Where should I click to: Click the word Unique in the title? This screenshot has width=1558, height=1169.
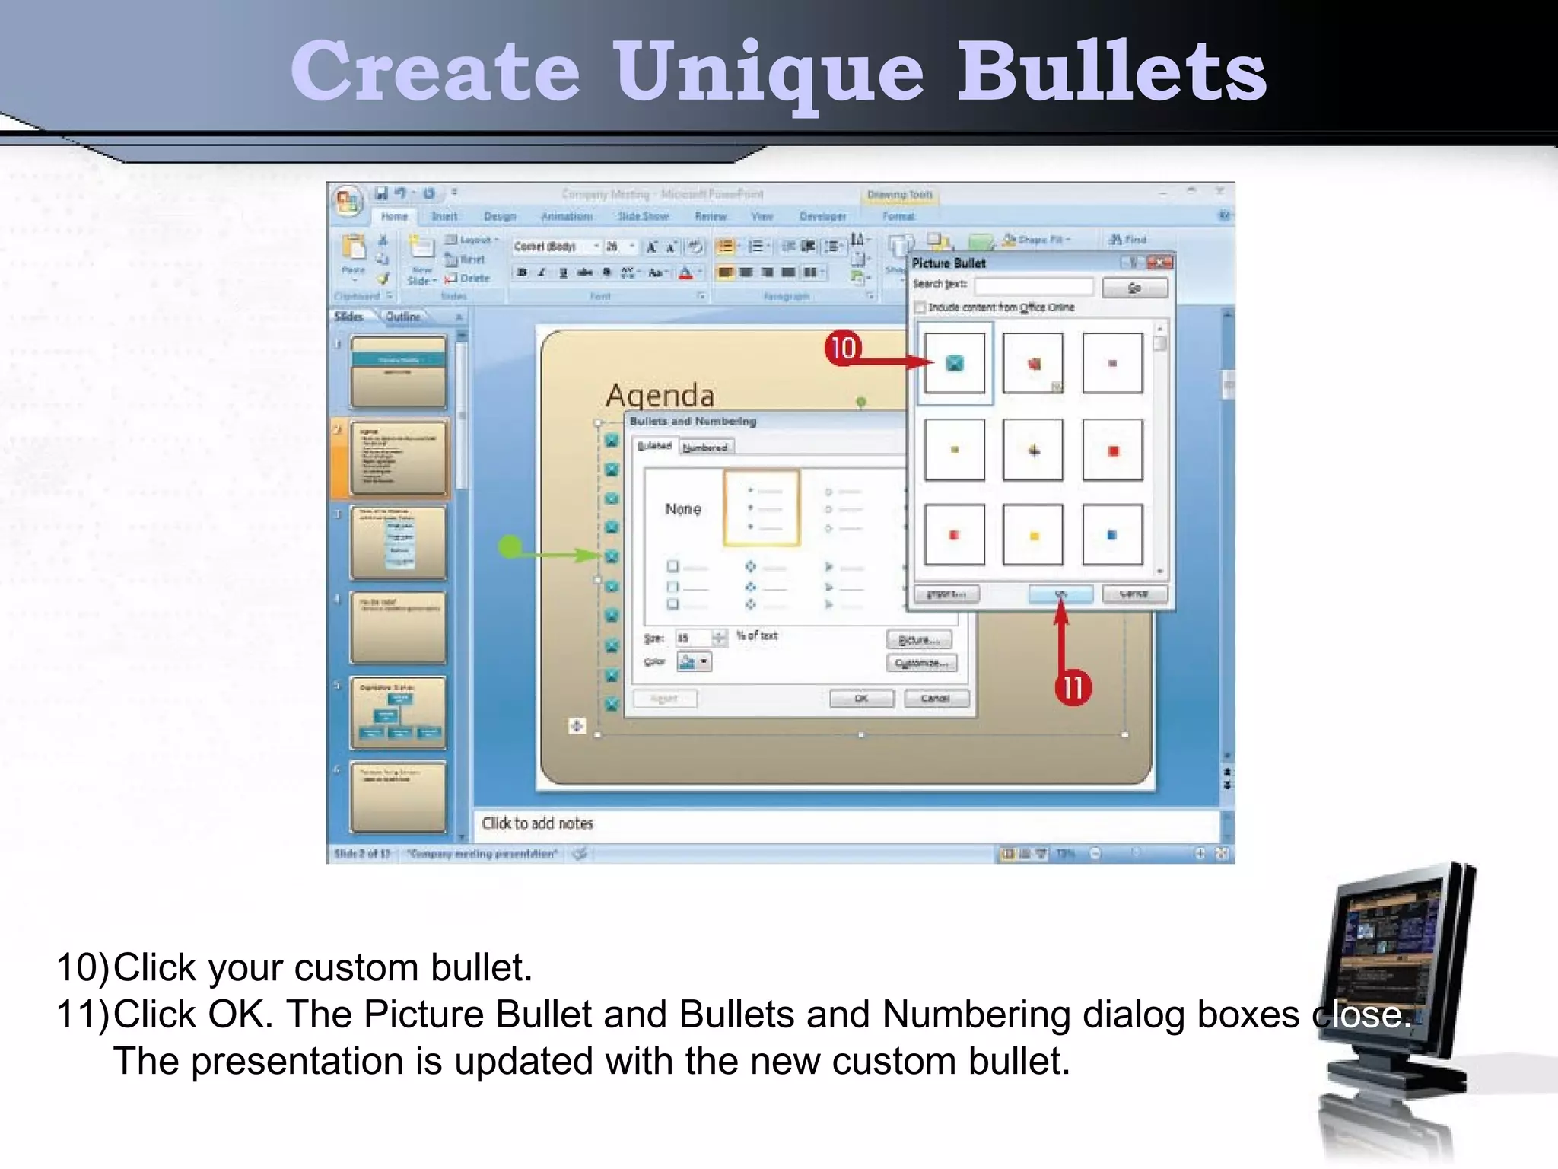768,72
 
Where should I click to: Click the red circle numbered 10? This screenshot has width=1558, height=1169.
843,348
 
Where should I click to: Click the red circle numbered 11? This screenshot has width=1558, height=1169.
1073,687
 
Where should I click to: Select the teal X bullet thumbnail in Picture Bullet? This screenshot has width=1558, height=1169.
954,363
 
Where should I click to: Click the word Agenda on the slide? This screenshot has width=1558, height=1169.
660,396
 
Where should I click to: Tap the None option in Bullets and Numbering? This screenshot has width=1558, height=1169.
682,508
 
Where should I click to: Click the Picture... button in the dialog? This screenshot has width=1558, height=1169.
919,639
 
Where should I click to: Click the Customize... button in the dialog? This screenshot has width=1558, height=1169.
921,663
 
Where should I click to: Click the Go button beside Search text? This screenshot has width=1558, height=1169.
1134,288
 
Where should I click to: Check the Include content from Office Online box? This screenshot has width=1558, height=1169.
920,307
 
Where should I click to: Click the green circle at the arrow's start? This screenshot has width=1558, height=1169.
510,546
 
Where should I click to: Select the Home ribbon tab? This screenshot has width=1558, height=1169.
394,217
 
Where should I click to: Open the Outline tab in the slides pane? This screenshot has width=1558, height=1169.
402,317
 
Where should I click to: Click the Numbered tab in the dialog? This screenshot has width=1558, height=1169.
705,448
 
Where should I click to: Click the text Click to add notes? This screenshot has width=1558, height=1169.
537,823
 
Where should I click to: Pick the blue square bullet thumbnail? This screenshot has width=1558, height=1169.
1111,535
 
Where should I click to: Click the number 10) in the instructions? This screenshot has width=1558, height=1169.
82,967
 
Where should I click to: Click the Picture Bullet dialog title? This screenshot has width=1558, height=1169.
949,263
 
